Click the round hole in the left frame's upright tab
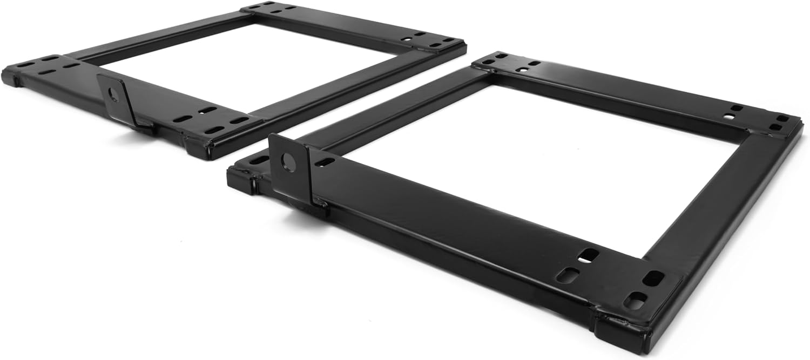(x=113, y=96)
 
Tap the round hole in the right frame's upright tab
(x=289, y=162)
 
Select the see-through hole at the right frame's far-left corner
(x=500, y=55)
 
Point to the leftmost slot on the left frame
(x=24, y=65)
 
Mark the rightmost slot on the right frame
(x=782, y=118)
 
